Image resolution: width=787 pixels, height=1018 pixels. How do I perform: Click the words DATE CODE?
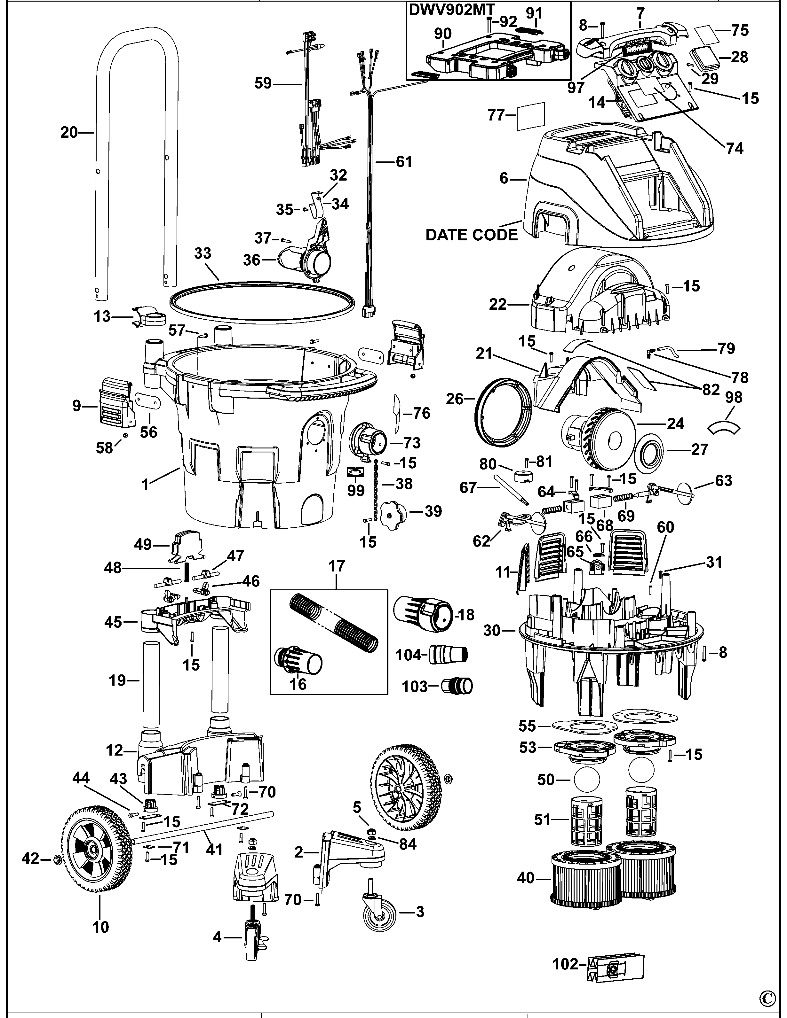(x=471, y=235)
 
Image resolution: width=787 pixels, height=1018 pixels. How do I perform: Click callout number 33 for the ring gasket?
(x=203, y=253)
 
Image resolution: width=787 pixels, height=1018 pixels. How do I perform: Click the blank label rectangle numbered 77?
(x=531, y=116)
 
